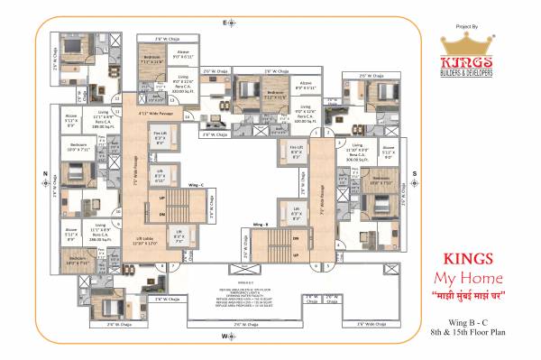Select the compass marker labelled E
click(x=225, y=20)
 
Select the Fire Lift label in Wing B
click(x=295, y=149)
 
